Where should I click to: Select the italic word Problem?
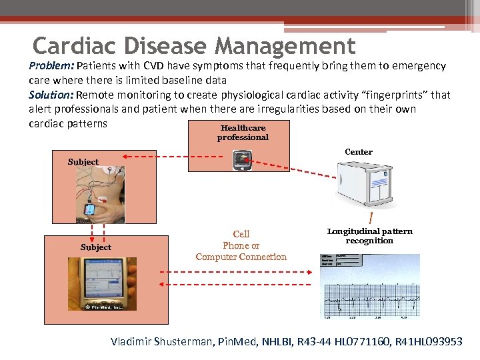[51, 66]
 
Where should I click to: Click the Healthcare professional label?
[243, 133]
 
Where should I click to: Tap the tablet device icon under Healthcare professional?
[242, 160]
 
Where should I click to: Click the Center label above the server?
[359, 152]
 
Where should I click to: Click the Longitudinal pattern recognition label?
[370, 236]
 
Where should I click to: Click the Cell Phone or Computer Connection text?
[241, 245]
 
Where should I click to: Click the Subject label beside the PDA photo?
[96, 247]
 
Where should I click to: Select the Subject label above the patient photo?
[83, 162]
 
